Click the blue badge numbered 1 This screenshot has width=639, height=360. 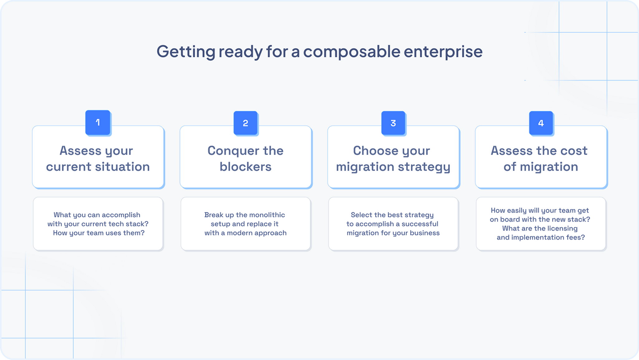tap(98, 122)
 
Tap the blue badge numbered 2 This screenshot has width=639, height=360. tap(246, 123)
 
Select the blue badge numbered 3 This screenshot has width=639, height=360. tap(393, 123)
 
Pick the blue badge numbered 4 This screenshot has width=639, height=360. tap(541, 123)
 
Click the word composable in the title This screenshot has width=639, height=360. tap(352, 52)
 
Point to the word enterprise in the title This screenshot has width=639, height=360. tap(443, 52)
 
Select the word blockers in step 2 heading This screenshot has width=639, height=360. tap(246, 167)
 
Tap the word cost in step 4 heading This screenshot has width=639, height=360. tap(574, 151)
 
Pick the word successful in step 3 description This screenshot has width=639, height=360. tap(420, 224)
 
